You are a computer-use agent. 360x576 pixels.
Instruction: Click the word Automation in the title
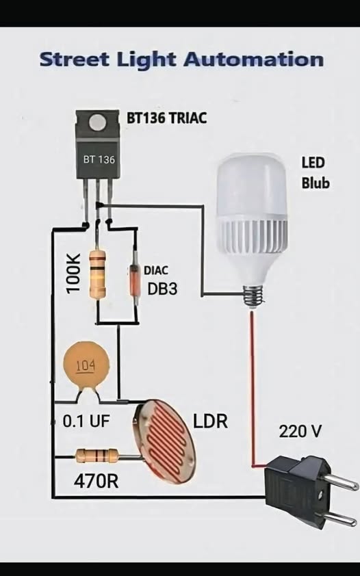click(253, 60)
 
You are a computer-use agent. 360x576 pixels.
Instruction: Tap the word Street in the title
click(75, 60)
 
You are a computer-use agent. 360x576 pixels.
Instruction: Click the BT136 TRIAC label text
click(167, 118)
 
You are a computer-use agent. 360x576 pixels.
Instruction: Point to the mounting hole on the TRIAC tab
click(97, 122)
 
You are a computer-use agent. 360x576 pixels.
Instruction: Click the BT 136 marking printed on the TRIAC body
click(99, 159)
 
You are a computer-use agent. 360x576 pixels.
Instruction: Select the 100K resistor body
click(98, 274)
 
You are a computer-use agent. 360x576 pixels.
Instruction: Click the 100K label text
click(73, 273)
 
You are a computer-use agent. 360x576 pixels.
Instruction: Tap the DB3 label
click(162, 289)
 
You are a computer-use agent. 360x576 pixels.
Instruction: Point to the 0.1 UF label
click(86, 421)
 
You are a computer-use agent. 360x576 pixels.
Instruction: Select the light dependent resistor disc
click(164, 441)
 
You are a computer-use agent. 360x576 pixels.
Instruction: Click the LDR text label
click(211, 421)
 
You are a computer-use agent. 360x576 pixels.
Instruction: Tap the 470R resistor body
click(97, 456)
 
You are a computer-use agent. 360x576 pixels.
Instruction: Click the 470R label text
click(97, 481)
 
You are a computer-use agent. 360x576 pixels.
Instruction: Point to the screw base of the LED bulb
click(254, 295)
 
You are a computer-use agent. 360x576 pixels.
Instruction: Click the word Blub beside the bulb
click(316, 183)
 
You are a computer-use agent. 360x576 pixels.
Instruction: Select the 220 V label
click(300, 431)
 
